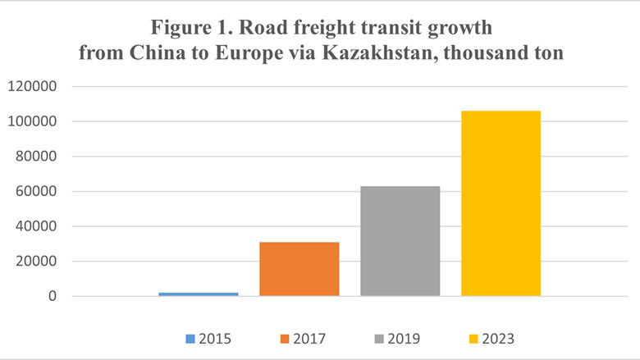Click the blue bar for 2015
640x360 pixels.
(198, 294)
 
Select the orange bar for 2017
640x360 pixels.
(299, 269)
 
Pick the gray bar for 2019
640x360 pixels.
(400, 241)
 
